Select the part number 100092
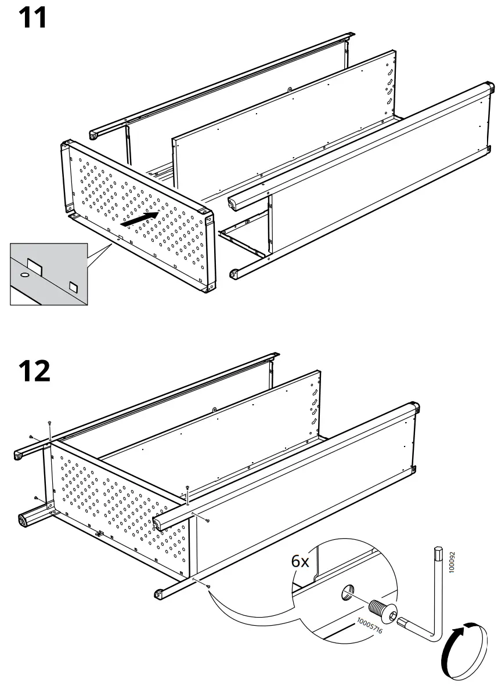[453, 562]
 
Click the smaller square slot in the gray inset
[73, 286]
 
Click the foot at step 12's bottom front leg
[158, 593]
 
